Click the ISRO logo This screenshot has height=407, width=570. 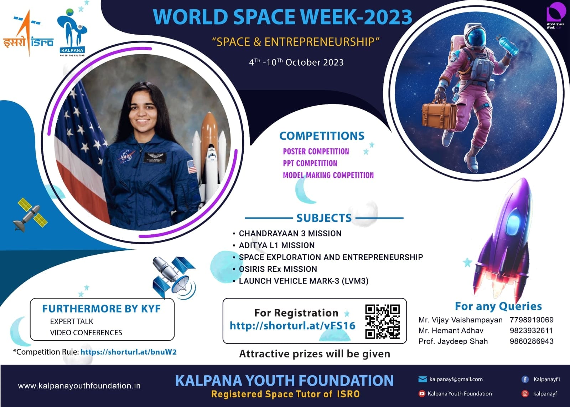click(x=28, y=33)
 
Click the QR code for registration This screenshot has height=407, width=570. click(x=382, y=322)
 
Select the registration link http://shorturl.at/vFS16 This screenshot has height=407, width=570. click(x=292, y=325)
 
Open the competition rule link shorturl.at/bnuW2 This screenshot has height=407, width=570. click(x=129, y=352)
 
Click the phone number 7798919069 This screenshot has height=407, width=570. click(x=532, y=320)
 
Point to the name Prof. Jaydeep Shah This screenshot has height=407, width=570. click(x=453, y=341)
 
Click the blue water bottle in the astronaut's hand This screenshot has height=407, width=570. click(x=508, y=45)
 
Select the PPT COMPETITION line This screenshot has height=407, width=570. click(x=310, y=163)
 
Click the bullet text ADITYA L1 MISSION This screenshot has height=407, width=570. click(x=276, y=245)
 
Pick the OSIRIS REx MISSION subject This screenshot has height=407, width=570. click(x=278, y=269)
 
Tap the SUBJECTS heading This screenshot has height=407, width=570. click(x=324, y=218)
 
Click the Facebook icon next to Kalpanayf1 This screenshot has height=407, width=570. click(x=525, y=380)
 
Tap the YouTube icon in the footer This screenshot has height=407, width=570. click(x=422, y=394)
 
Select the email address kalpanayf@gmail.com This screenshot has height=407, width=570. click(x=456, y=379)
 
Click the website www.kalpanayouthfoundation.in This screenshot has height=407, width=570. click(x=79, y=386)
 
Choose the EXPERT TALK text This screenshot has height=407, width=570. click(x=72, y=322)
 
